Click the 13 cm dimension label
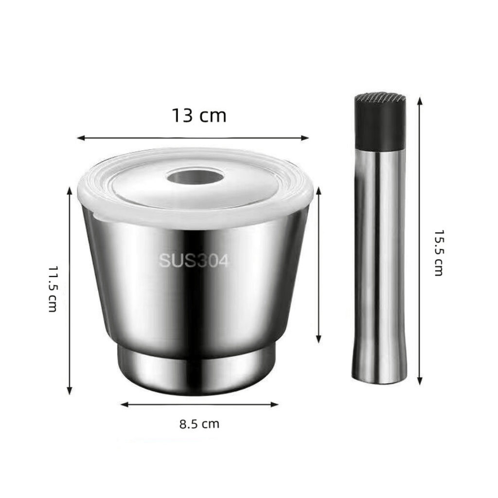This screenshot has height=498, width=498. click(x=199, y=116)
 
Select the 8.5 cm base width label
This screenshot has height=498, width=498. click(x=199, y=424)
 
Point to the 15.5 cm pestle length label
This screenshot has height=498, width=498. click(x=438, y=253)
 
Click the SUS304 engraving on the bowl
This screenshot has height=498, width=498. click(x=193, y=261)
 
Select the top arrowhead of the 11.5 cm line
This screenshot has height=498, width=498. click(x=70, y=191)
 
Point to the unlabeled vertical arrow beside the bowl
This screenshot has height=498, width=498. click(x=319, y=265)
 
